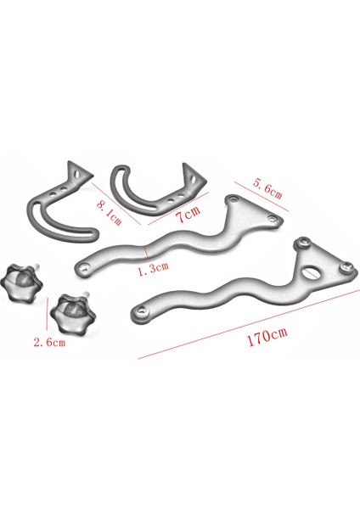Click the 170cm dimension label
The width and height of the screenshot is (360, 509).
266,336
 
